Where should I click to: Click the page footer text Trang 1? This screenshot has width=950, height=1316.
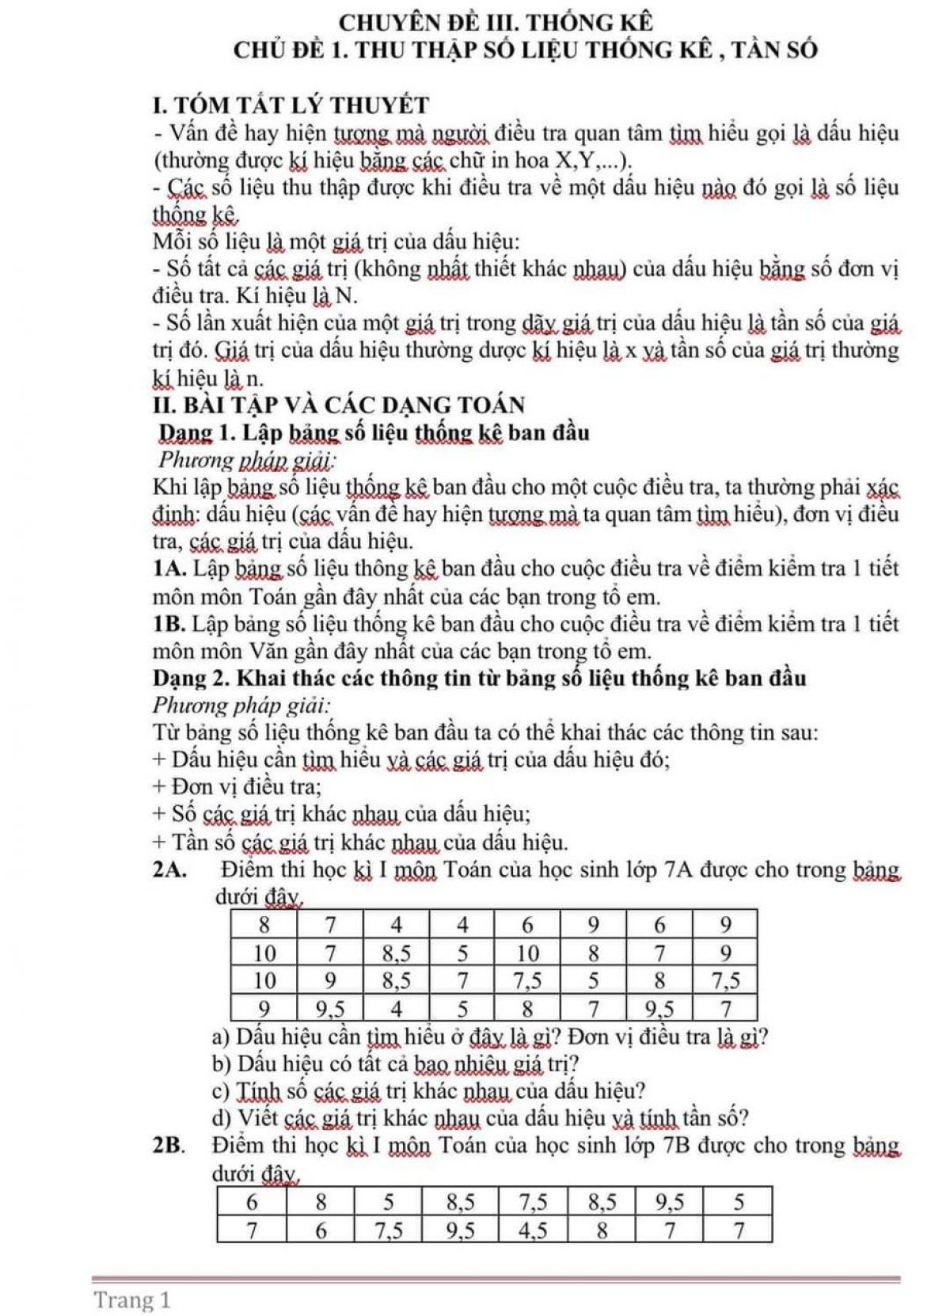[132, 1299]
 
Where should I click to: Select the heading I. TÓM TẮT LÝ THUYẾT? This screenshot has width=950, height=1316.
[291, 105]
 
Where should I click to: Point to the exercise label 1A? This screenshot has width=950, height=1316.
[170, 568]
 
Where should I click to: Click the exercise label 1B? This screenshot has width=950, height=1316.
[169, 623]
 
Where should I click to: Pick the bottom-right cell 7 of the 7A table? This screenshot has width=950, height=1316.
[725, 1008]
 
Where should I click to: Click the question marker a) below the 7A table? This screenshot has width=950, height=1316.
[222, 1036]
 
